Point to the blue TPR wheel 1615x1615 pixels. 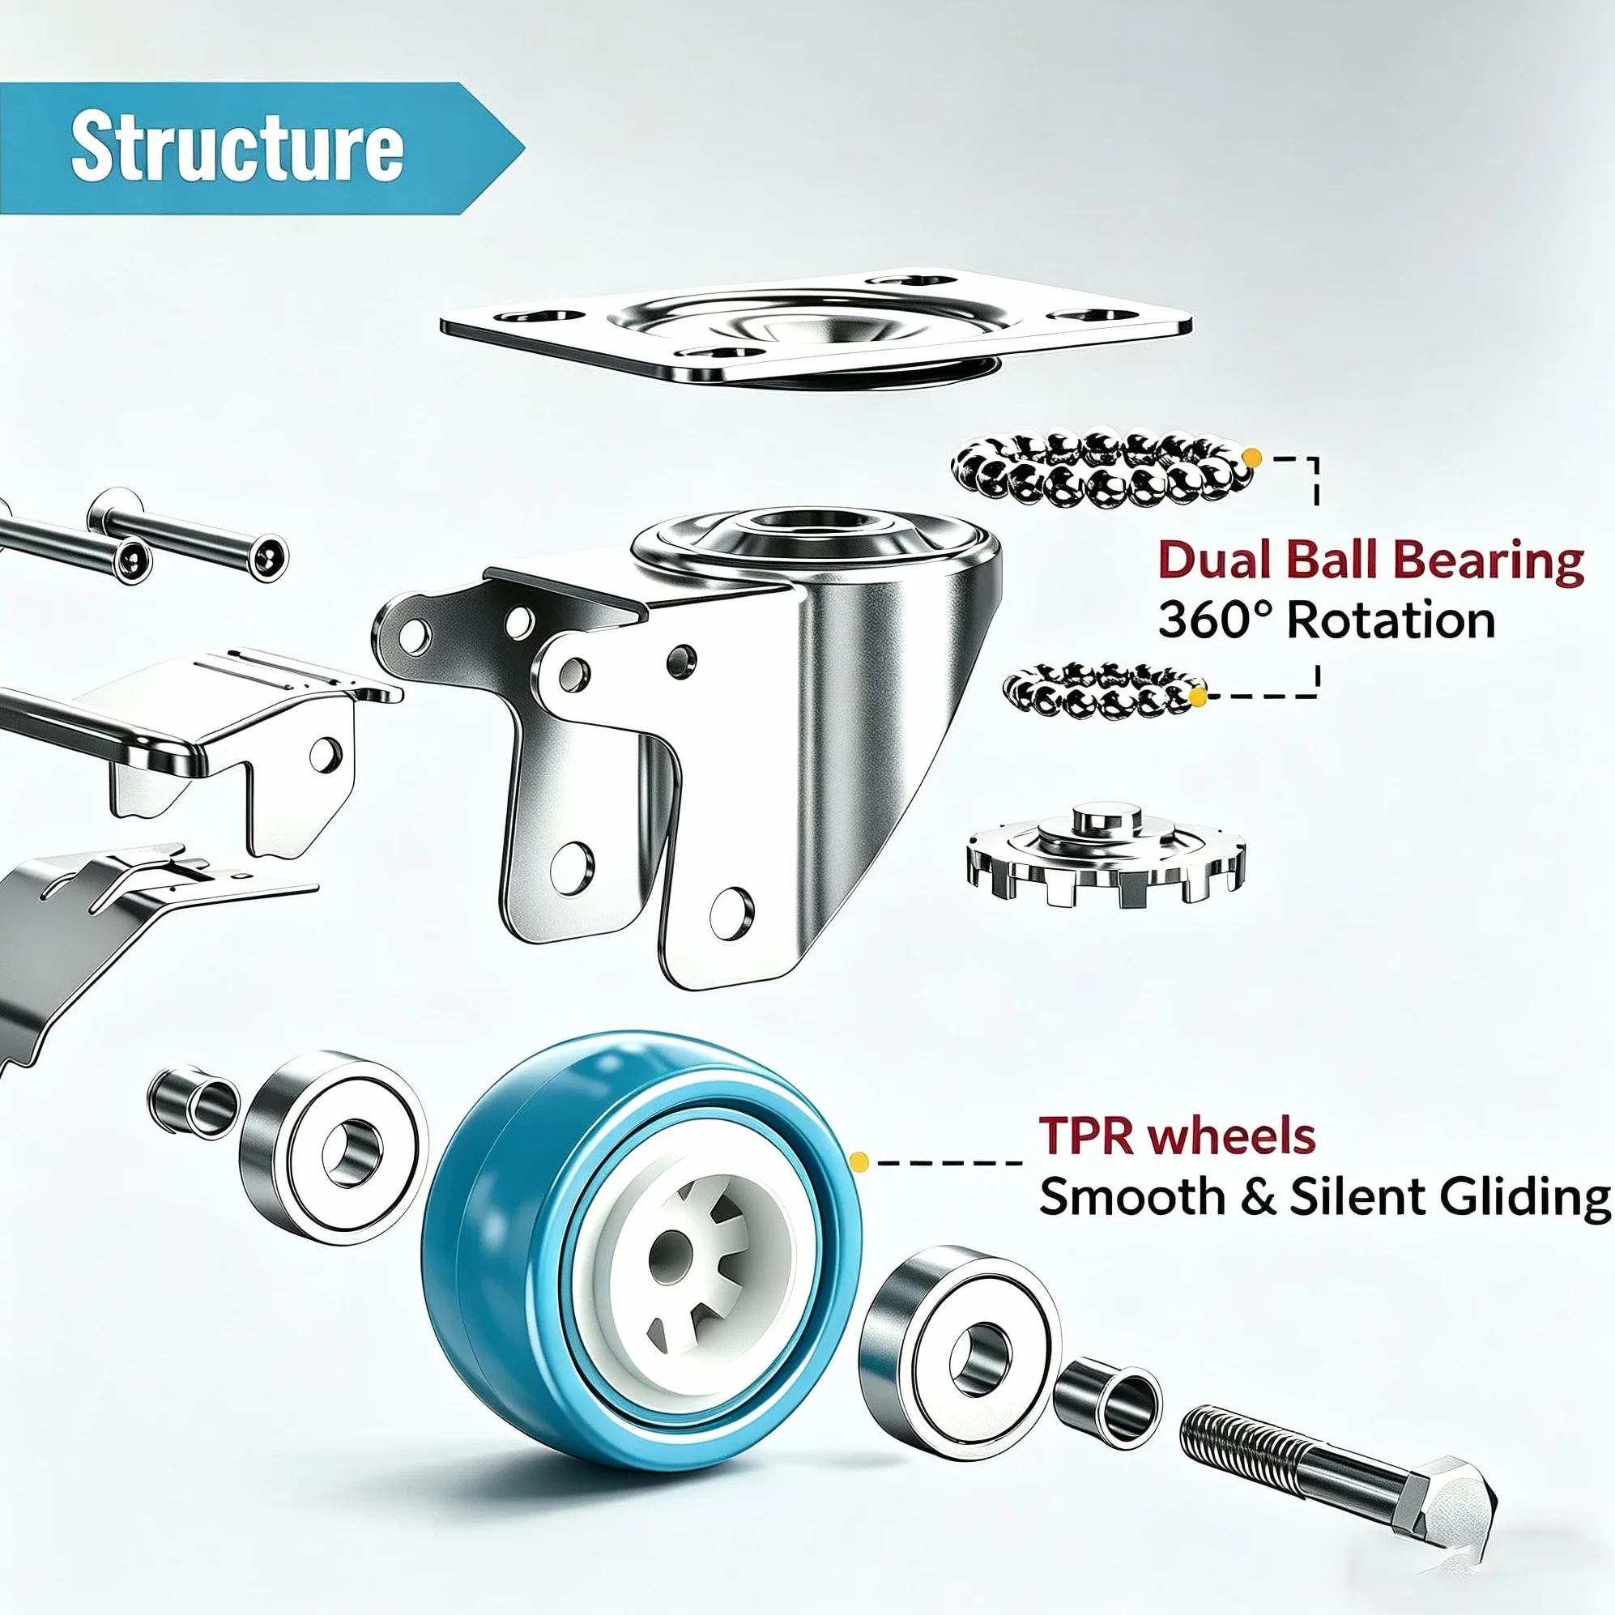(641, 1237)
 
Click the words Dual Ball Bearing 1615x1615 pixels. (1371, 561)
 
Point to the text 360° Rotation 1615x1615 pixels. (1327, 620)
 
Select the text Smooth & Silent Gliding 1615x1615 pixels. (1324, 1197)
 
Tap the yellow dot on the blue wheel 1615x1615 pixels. (859, 1162)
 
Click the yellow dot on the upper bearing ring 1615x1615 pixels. (1251, 458)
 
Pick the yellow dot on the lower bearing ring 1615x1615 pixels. (1198, 697)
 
